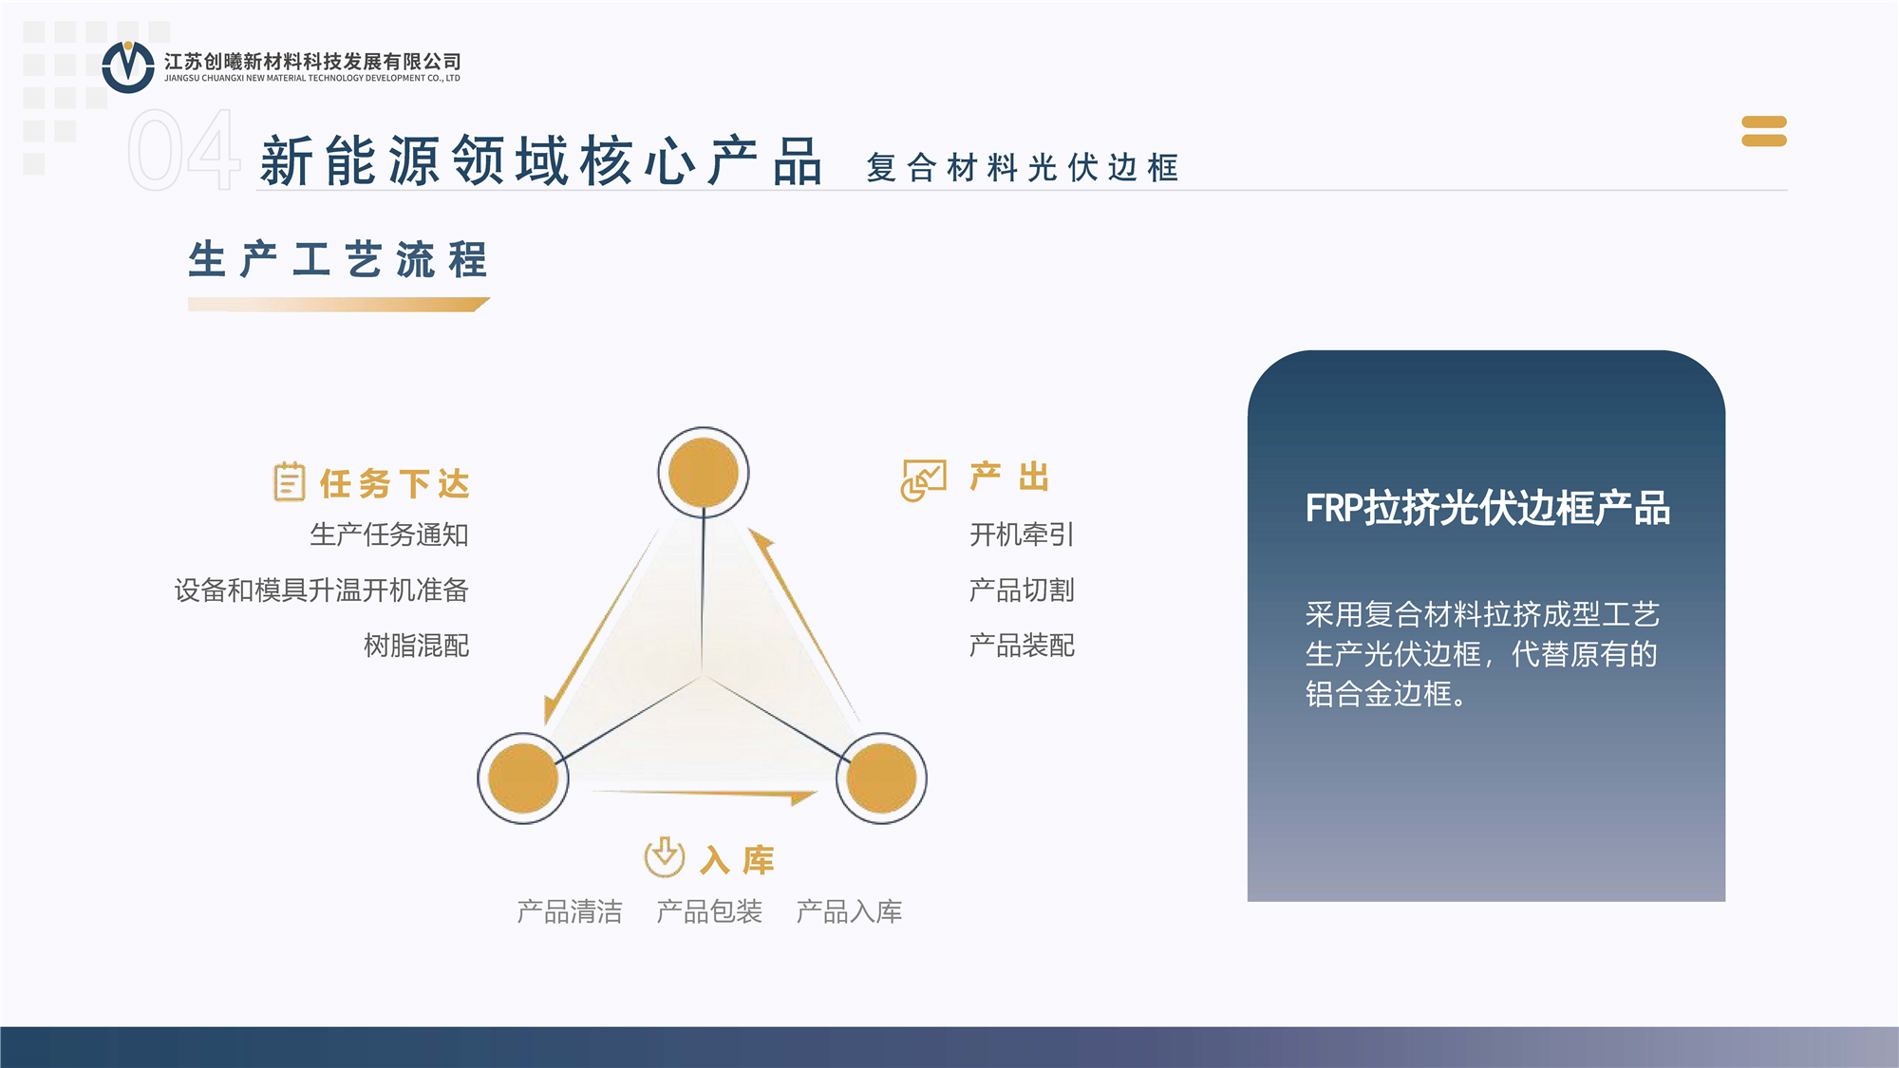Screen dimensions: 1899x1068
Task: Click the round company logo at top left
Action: coord(128,66)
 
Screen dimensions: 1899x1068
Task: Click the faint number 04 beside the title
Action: coord(183,150)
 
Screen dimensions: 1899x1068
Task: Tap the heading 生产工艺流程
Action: coord(338,259)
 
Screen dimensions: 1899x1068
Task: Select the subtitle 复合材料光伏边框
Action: coord(1023,168)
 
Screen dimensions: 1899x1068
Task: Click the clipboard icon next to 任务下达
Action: coord(290,481)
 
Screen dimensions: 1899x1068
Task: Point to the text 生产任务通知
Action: coord(389,534)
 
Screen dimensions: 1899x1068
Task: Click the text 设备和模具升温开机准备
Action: coord(322,590)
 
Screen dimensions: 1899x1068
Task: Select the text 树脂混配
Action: coord(417,646)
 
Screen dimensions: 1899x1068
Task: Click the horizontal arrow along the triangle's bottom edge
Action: coord(705,794)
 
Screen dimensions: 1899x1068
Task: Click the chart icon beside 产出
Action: coord(924,480)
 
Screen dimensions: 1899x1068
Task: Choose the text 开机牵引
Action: coord(1022,534)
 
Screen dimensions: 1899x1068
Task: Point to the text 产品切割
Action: coord(1022,590)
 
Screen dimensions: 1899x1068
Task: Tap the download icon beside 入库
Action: coord(665,856)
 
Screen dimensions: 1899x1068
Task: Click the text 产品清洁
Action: coord(570,911)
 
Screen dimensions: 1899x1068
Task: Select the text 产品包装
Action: coord(709,911)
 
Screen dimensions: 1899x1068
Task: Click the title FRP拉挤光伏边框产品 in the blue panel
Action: coord(1488,508)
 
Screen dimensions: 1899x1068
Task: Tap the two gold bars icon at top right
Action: coord(1764,131)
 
